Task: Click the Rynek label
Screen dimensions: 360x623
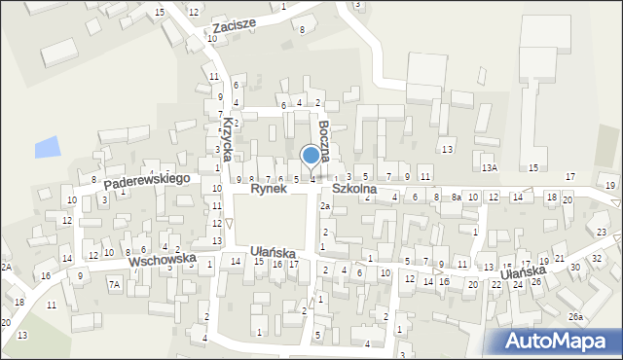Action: [x=268, y=189]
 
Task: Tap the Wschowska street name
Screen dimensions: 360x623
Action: [x=163, y=261]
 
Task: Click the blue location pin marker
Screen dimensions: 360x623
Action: [x=311, y=156]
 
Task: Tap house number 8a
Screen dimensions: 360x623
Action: [x=456, y=198]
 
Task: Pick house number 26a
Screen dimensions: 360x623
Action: [x=575, y=317]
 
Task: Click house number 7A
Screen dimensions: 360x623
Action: [x=114, y=285]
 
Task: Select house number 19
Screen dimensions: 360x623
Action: [x=609, y=185]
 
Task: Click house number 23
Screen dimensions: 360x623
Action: [x=602, y=233]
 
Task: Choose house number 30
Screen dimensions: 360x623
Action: [x=573, y=268]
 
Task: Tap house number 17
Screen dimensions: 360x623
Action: [x=293, y=265]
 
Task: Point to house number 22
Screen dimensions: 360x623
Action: [x=495, y=284]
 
